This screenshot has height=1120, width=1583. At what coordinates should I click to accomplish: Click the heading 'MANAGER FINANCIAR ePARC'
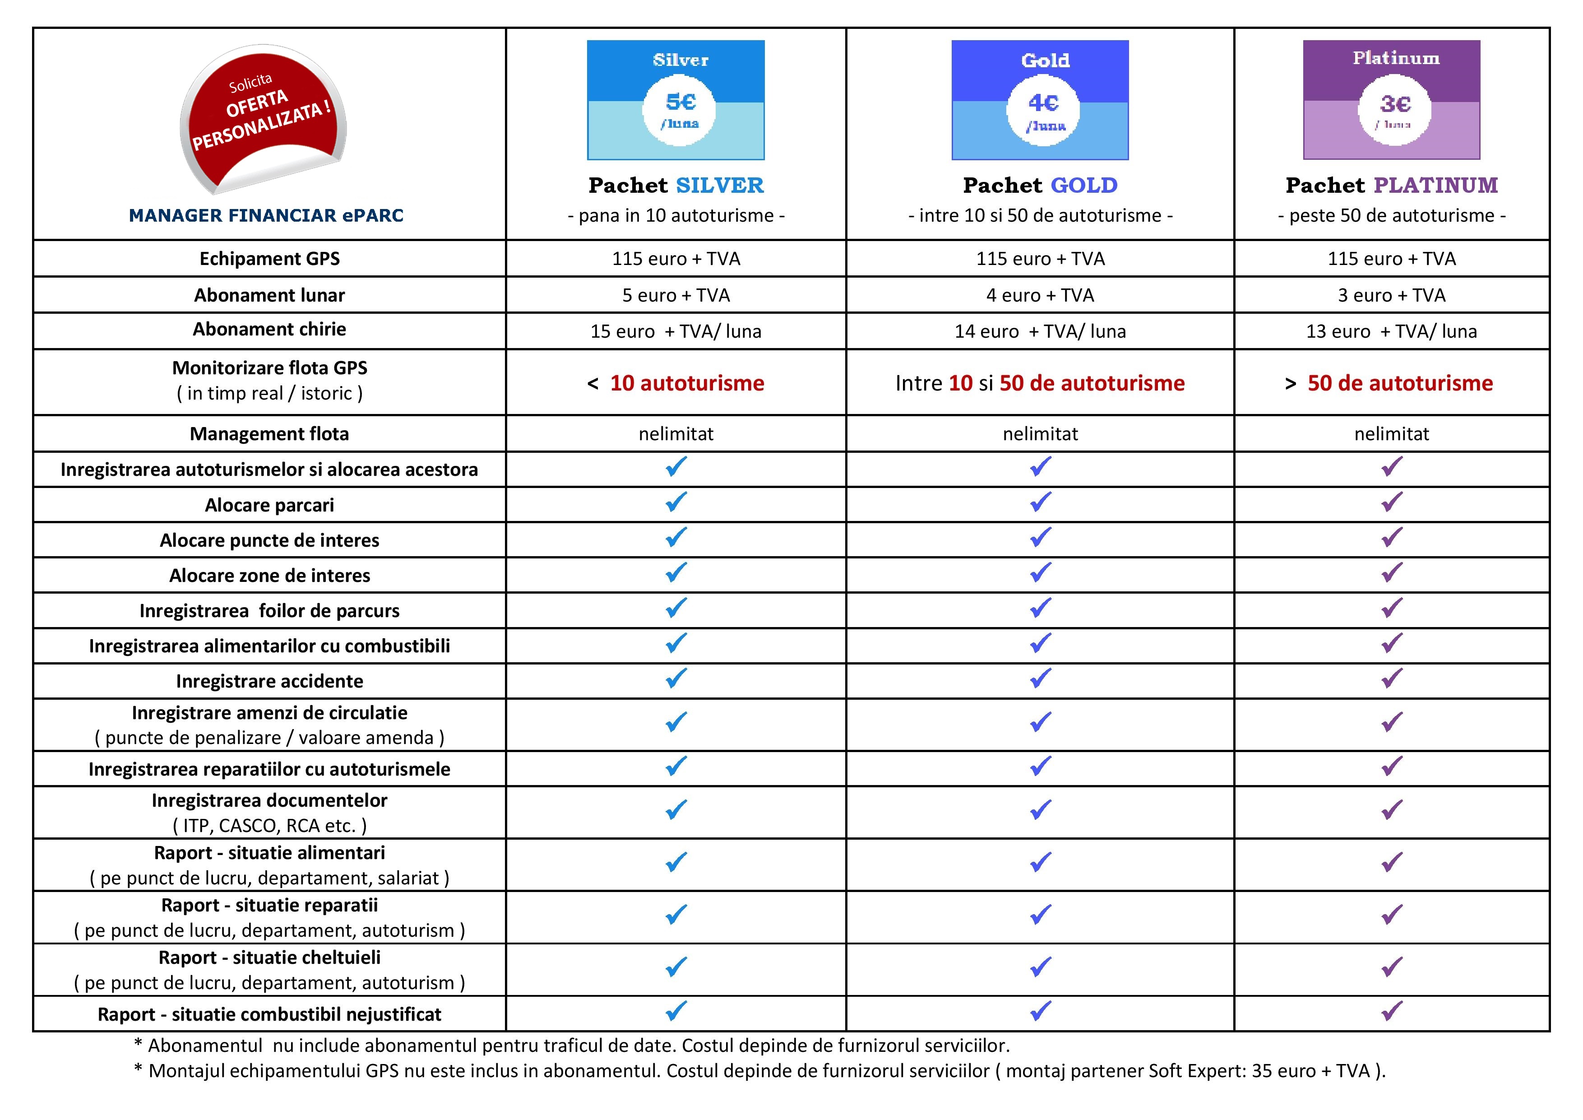tap(266, 216)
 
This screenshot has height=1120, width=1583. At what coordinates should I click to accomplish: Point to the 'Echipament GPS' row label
tap(269, 259)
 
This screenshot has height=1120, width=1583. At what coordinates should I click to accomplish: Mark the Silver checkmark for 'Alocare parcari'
tap(676, 502)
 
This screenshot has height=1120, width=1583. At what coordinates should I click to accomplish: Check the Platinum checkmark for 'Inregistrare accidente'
tap(1392, 679)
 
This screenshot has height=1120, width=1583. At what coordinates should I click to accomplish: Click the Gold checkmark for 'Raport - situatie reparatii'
tap(1041, 915)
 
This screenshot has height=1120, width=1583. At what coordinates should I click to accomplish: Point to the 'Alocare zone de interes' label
tap(269, 575)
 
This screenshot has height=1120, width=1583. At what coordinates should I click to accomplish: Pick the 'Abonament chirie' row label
tap(269, 329)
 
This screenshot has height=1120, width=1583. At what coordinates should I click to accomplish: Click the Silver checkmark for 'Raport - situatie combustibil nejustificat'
tap(676, 1011)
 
